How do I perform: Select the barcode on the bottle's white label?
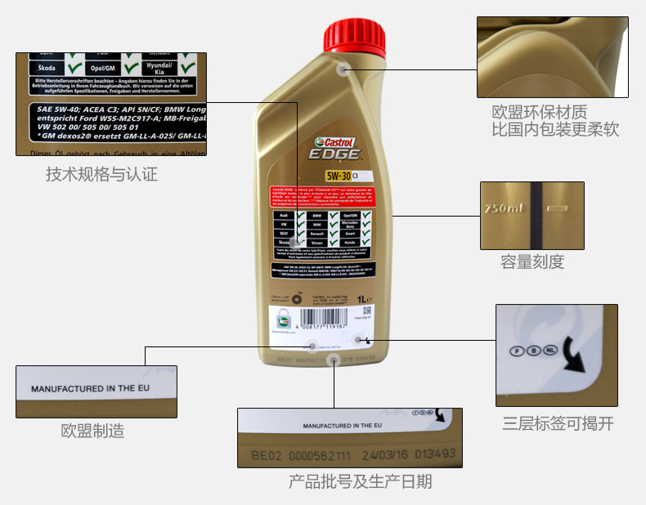(x=327, y=319)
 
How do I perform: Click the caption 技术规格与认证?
(x=101, y=174)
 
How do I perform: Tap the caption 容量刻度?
(x=532, y=261)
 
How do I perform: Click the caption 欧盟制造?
(x=93, y=431)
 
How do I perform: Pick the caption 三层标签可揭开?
(x=558, y=423)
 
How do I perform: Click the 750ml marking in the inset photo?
(x=502, y=209)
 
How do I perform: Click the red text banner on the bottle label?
(x=321, y=197)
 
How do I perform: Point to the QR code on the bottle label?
(x=367, y=311)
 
